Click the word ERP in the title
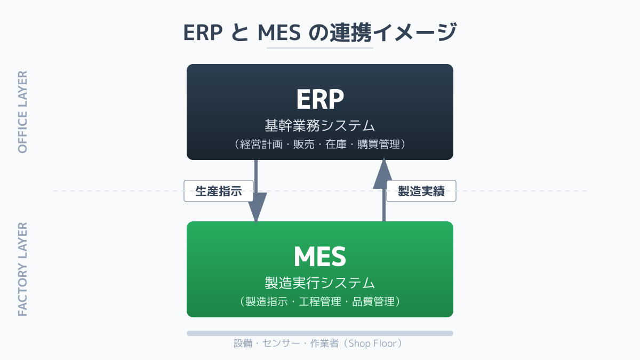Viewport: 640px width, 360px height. [x=203, y=33]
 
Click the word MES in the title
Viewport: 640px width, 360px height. [x=279, y=33]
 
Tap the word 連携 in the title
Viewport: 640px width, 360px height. [x=351, y=33]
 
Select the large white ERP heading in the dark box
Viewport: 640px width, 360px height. [x=320, y=99]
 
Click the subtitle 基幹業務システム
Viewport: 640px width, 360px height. [x=319, y=126]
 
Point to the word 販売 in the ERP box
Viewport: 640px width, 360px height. [x=303, y=145]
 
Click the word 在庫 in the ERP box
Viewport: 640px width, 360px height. [x=335, y=145]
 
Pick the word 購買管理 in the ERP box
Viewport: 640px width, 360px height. [x=379, y=145]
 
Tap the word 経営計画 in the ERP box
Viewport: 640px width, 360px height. [x=261, y=145]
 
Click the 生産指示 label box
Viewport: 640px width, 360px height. [x=219, y=191]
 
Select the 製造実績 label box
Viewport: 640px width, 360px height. [x=421, y=191]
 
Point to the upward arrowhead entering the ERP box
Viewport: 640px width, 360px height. [x=383, y=173]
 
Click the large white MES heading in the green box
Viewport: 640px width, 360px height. [x=320, y=257]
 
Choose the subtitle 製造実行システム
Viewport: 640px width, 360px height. [x=319, y=283]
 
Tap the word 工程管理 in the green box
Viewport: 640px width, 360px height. [x=320, y=302]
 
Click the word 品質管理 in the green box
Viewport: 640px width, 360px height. [x=373, y=302]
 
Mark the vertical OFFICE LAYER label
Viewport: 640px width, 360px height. [x=22, y=112]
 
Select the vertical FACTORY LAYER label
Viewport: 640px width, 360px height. [x=22, y=269]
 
